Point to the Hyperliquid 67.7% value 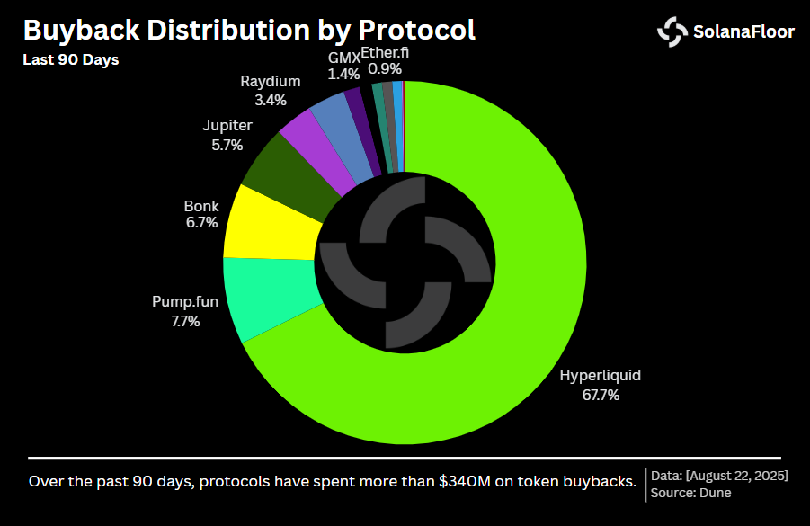601,394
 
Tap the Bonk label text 201,206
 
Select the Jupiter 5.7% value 227,143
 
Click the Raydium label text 271,82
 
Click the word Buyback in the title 79,30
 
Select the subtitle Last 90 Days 70,60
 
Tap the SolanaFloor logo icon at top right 672,31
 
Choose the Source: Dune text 690,492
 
